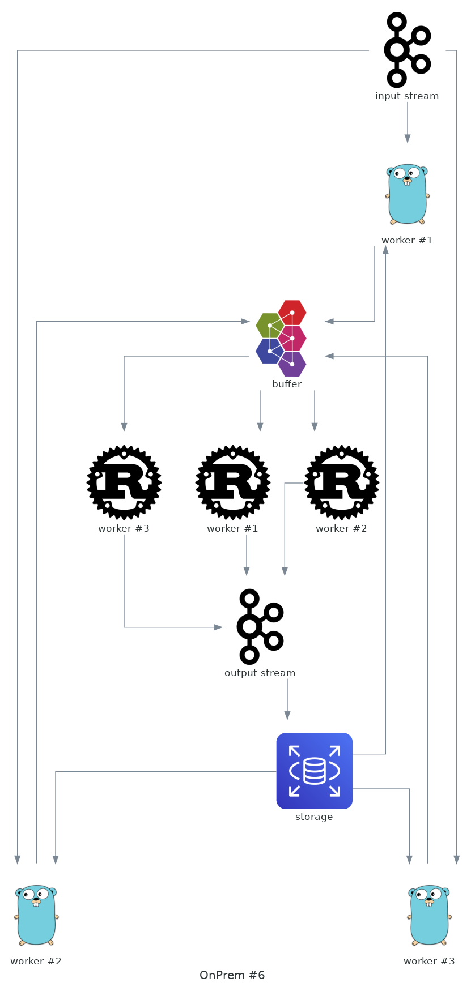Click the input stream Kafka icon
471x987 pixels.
[x=407, y=50]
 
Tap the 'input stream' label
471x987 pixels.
[x=407, y=96]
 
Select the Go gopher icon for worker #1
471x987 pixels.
[x=407, y=194]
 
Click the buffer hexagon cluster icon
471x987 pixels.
[x=282, y=338]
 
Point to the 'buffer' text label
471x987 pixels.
[x=287, y=384]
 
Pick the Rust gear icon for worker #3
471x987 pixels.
[x=124, y=482]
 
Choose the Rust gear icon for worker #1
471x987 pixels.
[x=233, y=482]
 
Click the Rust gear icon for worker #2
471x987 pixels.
[x=342, y=482]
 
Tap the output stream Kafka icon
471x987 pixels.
[x=260, y=627]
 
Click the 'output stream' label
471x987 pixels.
[x=260, y=673]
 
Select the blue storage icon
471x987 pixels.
[x=315, y=771]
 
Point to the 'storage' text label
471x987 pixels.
[x=314, y=817]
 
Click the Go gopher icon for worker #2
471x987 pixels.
[x=36, y=915]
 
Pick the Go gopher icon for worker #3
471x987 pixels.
[x=429, y=915]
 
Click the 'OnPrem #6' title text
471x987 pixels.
[x=232, y=975]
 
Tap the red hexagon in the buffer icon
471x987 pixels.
[x=292, y=311]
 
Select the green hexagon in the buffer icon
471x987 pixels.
[x=269, y=325]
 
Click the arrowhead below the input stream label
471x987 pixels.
[x=408, y=139]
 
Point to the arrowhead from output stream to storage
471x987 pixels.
[x=287, y=716]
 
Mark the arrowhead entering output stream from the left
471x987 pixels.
[x=218, y=627]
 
